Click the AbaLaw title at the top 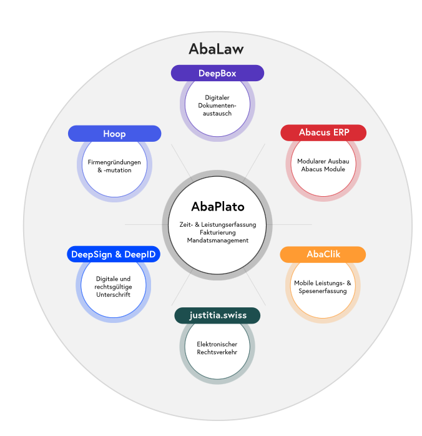216,49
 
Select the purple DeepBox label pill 217,73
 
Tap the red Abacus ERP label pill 323,132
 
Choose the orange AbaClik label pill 323,254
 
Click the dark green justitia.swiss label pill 217,315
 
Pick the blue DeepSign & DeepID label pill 113,254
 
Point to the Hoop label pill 114,134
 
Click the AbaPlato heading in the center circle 217,207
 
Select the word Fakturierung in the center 217,232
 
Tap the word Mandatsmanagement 217,240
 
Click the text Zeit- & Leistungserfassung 217,224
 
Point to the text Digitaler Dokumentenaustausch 217,106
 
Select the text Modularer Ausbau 323,161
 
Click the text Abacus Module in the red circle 323,169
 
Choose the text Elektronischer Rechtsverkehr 217,348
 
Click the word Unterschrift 113,295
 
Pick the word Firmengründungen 114,162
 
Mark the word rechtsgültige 113,287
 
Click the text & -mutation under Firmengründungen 114,170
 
